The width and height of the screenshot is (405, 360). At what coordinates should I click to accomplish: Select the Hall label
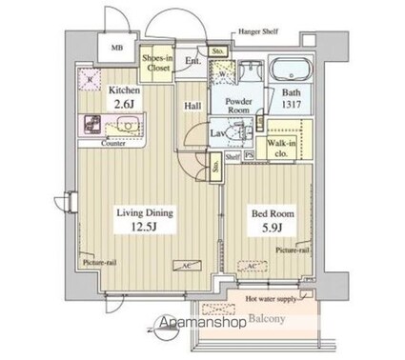pos(191,108)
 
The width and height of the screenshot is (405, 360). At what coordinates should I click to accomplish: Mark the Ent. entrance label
pos(191,63)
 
